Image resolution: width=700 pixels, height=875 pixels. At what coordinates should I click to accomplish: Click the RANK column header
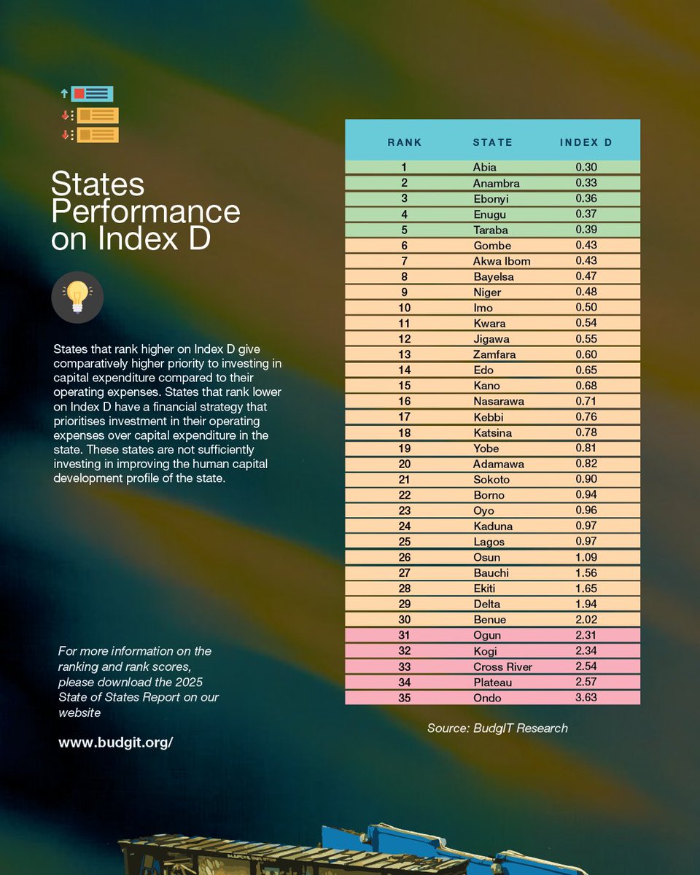pyautogui.click(x=404, y=142)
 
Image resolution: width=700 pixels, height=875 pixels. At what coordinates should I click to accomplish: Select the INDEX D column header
pyautogui.click(x=586, y=142)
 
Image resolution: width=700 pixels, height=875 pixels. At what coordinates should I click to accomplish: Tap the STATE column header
pyautogui.click(x=492, y=142)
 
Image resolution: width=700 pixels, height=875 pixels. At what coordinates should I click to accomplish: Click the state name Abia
pyautogui.click(x=484, y=168)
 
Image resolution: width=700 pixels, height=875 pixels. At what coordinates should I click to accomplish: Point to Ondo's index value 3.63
pyautogui.click(x=586, y=698)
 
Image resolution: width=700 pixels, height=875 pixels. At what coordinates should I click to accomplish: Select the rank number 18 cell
pyautogui.click(x=404, y=433)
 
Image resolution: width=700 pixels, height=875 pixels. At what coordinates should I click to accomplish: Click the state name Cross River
pyautogui.click(x=502, y=667)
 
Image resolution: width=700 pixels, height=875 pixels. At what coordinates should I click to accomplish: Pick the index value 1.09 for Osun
pyautogui.click(x=586, y=558)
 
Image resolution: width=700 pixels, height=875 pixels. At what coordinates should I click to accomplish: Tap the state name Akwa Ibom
pyautogui.click(x=502, y=261)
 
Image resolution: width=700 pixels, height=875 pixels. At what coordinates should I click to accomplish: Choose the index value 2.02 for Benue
pyautogui.click(x=586, y=620)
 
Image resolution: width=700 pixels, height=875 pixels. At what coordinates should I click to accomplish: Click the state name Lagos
pyautogui.click(x=487, y=542)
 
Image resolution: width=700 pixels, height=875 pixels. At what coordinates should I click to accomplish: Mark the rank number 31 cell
pyautogui.click(x=404, y=636)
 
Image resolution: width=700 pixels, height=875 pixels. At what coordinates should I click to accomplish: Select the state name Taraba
pyautogui.click(x=490, y=230)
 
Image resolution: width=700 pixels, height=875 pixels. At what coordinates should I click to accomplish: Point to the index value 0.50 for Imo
pyautogui.click(x=586, y=308)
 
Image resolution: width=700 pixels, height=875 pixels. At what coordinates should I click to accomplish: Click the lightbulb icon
pyautogui.click(x=77, y=297)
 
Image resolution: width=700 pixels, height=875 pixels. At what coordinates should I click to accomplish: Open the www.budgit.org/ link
pyautogui.click(x=115, y=742)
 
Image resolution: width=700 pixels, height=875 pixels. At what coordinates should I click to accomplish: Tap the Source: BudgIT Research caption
pyautogui.click(x=497, y=728)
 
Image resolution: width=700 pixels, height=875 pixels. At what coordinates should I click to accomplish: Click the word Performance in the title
pyautogui.click(x=146, y=211)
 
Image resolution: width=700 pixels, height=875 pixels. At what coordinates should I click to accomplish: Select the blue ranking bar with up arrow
pyautogui.click(x=92, y=93)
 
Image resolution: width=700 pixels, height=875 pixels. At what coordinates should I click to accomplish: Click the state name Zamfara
pyautogui.click(x=494, y=354)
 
